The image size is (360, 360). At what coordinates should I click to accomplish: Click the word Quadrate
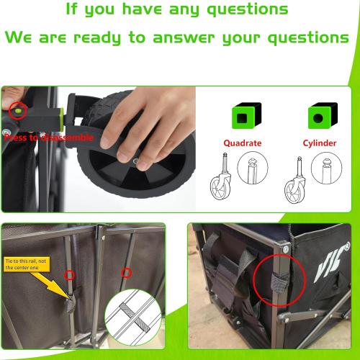pyautogui.click(x=243, y=143)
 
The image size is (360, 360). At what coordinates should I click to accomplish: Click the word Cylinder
pyautogui.click(x=320, y=143)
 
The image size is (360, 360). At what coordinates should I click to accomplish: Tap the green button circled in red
pyautogui.click(x=18, y=111)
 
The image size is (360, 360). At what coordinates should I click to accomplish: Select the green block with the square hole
pyautogui.click(x=246, y=115)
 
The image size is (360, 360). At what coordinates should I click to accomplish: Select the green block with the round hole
pyautogui.click(x=323, y=115)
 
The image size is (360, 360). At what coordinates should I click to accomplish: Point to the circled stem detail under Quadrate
pyautogui.click(x=253, y=168)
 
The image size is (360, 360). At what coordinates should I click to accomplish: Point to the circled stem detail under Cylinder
pyautogui.click(x=326, y=168)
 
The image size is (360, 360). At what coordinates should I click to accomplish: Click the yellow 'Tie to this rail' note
pyautogui.click(x=27, y=264)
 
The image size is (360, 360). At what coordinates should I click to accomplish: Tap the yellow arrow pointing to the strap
pyautogui.click(x=52, y=286)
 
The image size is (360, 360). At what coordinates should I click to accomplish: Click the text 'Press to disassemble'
pyautogui.click(x=49, y=138)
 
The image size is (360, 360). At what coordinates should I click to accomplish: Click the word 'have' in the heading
pyautogui.click(x=142, y=9)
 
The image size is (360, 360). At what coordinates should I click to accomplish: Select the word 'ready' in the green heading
pyautogui.click(x=96, y=38)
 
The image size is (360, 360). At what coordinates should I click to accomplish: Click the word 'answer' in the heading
pyautogui.click(x=184, y=38)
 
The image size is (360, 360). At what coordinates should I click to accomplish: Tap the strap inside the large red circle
pyautogui.click(x=280, y=283)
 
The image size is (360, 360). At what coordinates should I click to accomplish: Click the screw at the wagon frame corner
pyautogui.click(x=285, y=249)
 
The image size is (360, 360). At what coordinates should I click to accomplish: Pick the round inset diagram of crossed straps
pyautogui.click(x=133, y=318)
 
